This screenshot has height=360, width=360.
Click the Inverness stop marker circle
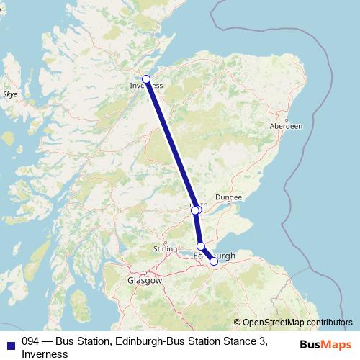[x=146, y=79]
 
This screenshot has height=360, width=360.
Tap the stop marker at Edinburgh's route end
[x=214, y=261]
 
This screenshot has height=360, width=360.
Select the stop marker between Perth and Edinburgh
[x=201, y=246]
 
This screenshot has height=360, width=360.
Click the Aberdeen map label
[x=286, y=125]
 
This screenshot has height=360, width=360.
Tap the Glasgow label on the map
[x=144, y=280]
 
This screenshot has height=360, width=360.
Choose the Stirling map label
[x=165, y=249]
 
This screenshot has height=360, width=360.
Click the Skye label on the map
[x=9, y=94]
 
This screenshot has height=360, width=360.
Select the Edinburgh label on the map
[x=215, y=256]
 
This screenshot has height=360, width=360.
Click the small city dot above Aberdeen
[x=287, y=120]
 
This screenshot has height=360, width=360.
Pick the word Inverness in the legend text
[x=45, y=354]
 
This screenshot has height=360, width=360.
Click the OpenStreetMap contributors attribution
[x=297, y=323]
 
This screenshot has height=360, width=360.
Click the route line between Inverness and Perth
[x=170, y=144]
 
